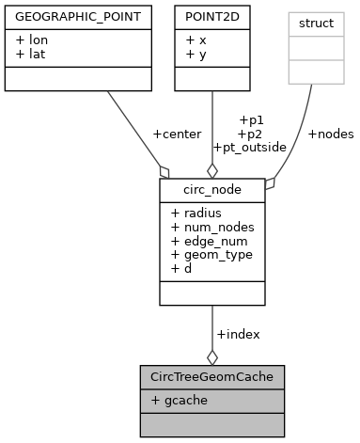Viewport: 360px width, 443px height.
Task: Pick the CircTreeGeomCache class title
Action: pos(211,377)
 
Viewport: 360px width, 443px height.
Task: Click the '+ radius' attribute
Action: pos(196,213)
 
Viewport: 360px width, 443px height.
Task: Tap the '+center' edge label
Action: pos(177,134)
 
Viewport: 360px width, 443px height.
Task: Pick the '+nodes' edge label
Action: pos(331,134)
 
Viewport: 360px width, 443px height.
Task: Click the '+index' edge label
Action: pos(238,334)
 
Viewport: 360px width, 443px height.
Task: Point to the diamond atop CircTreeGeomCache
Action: pos(211,356)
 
